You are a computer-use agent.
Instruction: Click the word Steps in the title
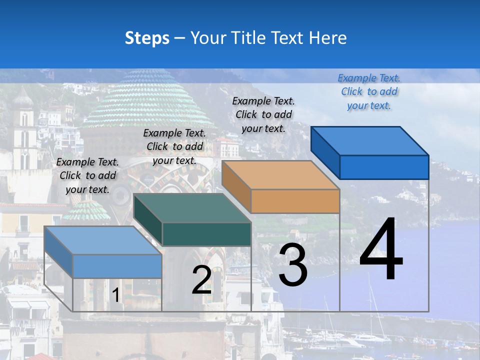click(147, 38)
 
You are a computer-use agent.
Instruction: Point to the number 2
click(201, 280)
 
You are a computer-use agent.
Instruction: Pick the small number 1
click(116, 295)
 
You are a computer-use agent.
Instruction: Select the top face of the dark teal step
click(192, 208)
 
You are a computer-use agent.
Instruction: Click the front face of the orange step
click(295, 201)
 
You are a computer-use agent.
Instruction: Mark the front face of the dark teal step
click(206, 234)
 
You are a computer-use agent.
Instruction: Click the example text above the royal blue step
click(369, 91)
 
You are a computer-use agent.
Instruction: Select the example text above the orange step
click(263, 114)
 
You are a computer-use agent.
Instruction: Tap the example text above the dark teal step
click(174, 146)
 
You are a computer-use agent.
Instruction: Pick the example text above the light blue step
click(87, 175)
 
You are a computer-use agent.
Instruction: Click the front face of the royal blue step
click(384, 167)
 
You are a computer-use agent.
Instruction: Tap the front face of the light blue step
click(117, 266)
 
